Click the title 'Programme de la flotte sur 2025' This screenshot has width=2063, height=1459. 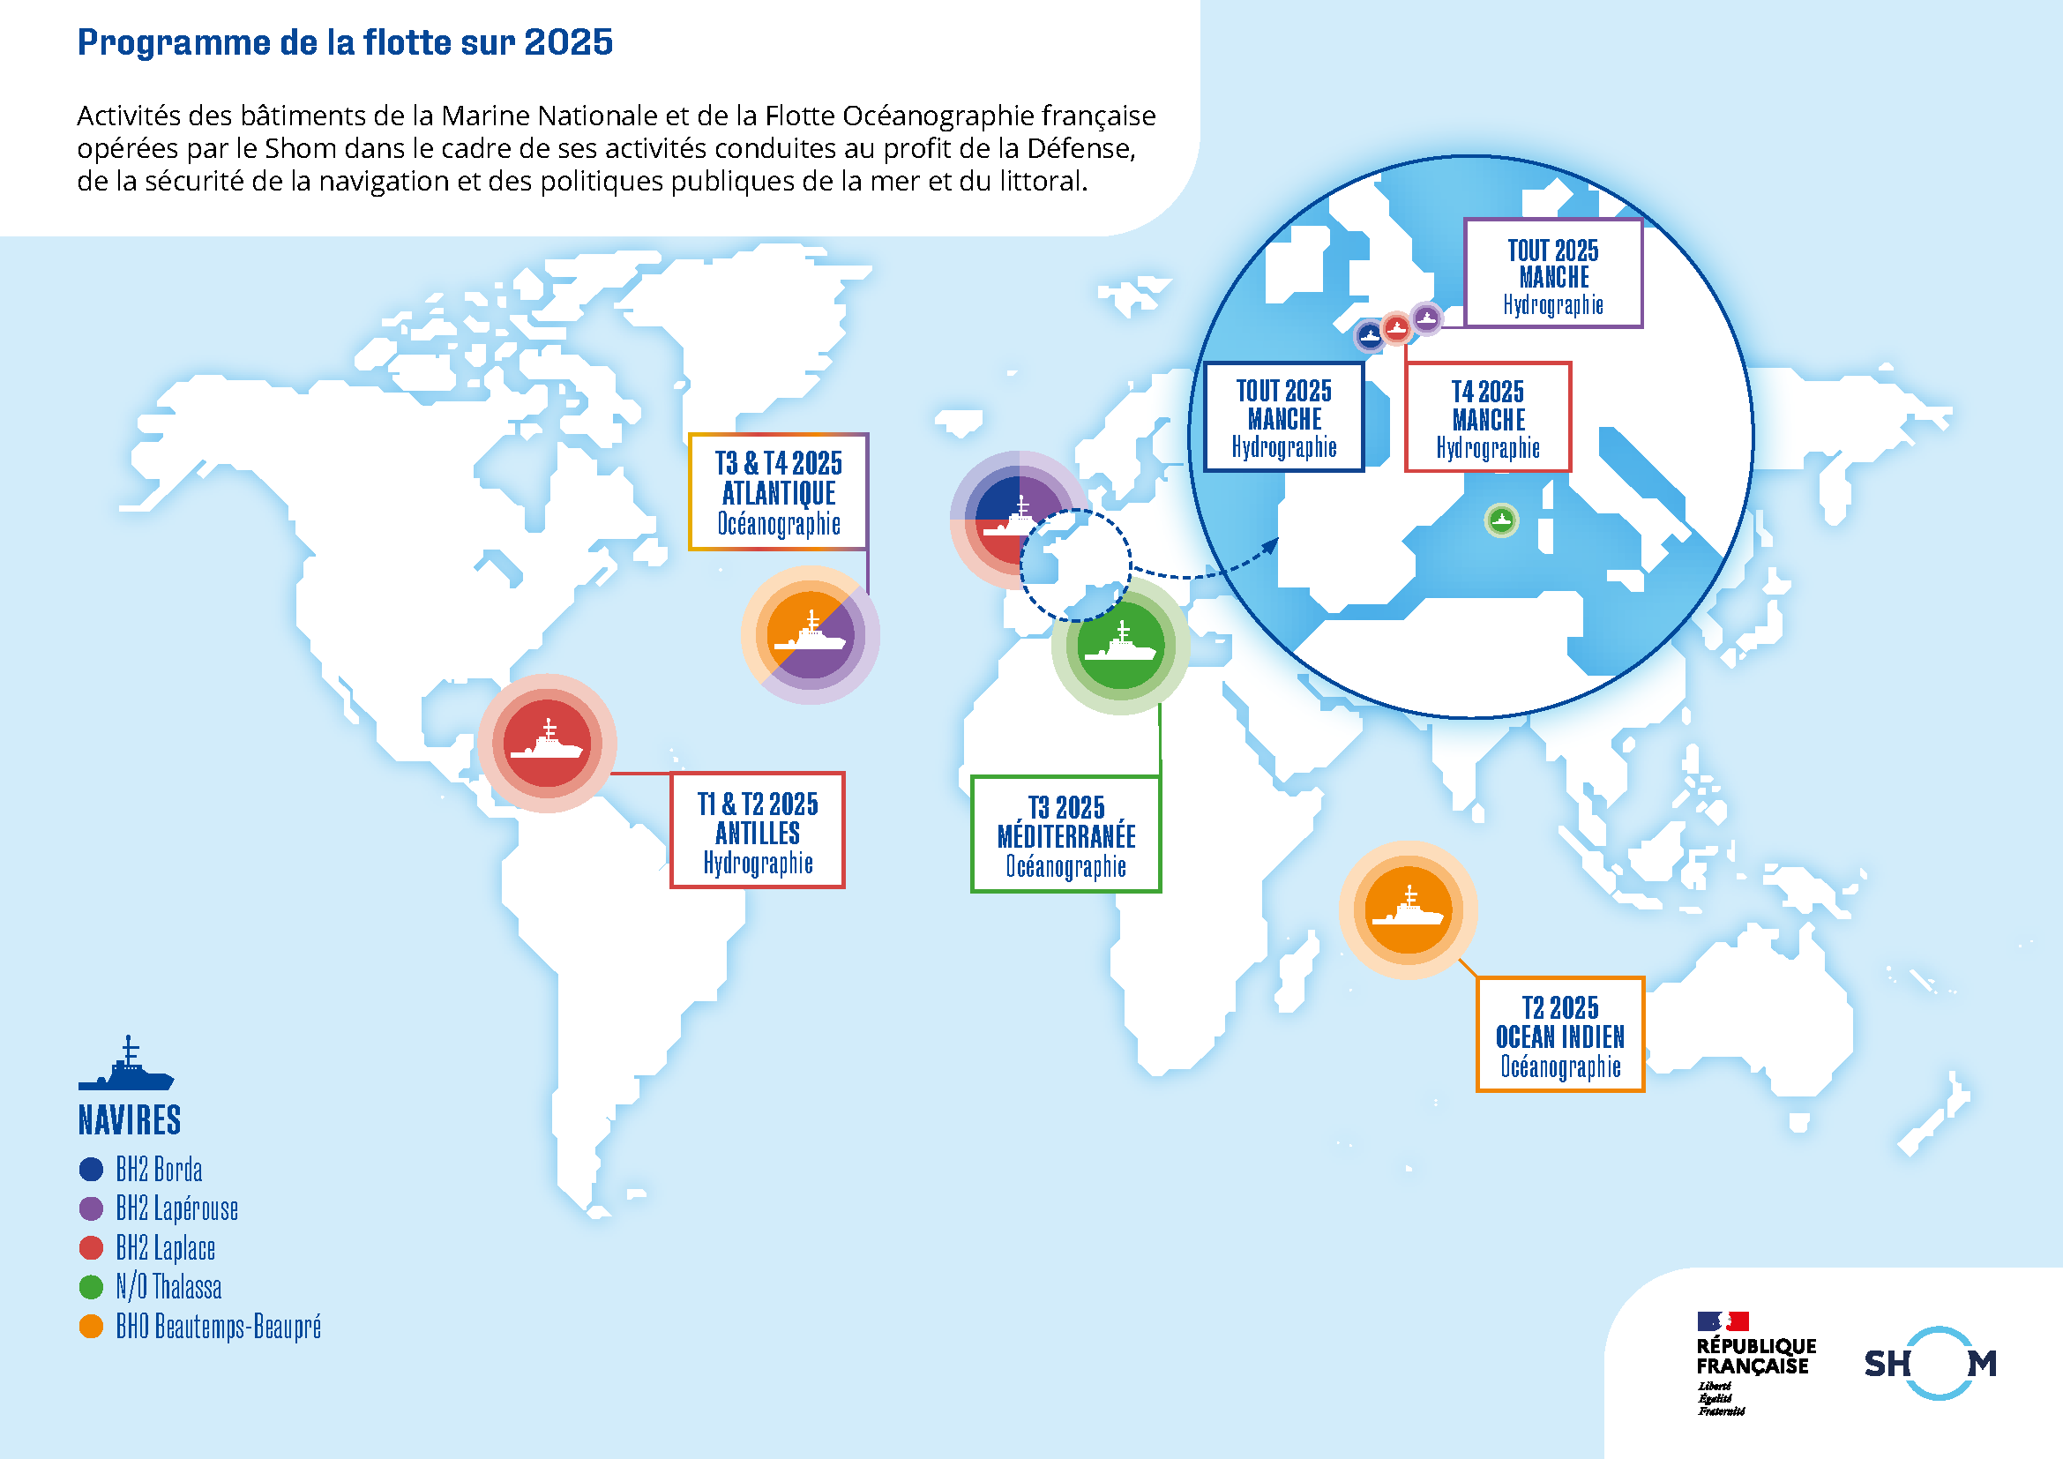[345, 42]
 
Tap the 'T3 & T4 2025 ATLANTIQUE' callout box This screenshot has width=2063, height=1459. [778, 492]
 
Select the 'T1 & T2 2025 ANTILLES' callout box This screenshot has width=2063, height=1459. [758, 831]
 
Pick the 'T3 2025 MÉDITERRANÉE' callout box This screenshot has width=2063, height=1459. [1065, 834]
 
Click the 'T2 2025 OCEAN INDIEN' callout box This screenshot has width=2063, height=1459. [1560, 1035]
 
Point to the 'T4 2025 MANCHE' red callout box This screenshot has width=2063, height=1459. [1488, 418]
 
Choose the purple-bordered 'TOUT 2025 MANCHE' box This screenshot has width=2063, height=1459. [1552, 274]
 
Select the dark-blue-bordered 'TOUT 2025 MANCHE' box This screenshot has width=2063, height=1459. [1284, 417]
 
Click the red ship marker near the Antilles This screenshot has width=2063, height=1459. [547, 743]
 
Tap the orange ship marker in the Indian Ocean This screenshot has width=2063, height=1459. [1408, 910]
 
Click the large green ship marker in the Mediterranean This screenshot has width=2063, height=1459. [1120, 646]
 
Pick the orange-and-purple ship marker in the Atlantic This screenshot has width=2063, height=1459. [811, 635]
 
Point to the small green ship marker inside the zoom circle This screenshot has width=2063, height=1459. [1501, 520]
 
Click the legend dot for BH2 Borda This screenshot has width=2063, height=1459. [92, 1169]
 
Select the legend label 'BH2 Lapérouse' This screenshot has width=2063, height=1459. [177, 1208]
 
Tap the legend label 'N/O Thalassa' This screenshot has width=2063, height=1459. [168, 1287]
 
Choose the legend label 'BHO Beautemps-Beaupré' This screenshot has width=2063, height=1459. [219, 1327]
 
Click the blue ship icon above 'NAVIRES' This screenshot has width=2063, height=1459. [127, 1066]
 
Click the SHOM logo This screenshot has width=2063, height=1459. [1930, 1363]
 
